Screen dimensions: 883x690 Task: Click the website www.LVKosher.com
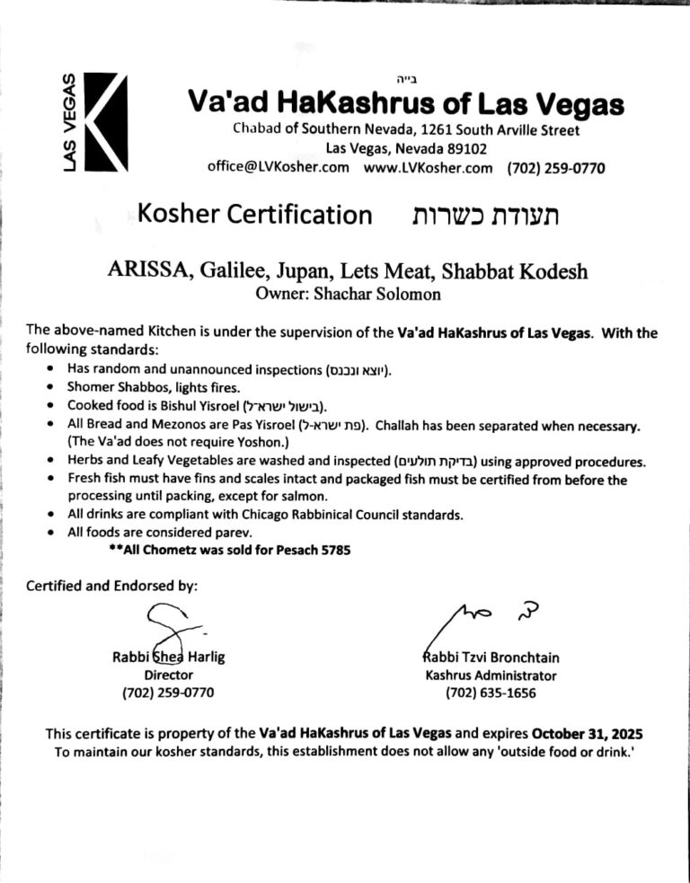click(429, 167)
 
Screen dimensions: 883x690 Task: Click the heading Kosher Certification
click(255, 216)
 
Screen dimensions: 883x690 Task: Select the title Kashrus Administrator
click(491, 675)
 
